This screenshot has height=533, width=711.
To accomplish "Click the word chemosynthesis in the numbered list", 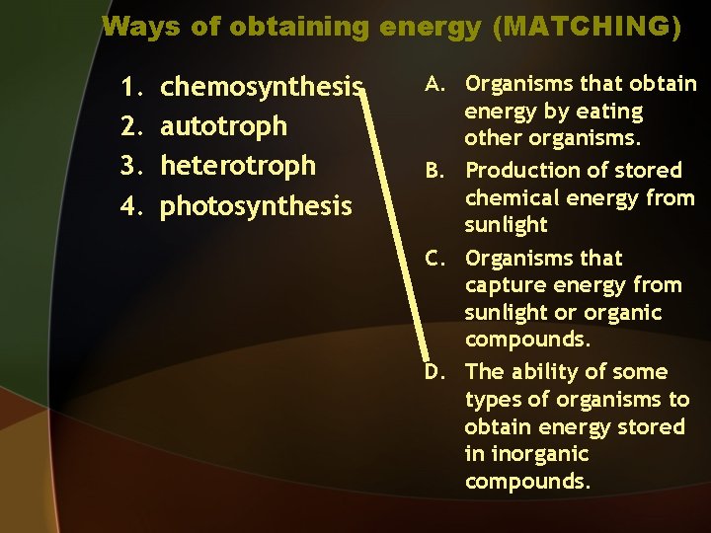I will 262,86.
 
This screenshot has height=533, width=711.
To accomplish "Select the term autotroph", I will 224,125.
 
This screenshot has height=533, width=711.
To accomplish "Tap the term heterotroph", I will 238,165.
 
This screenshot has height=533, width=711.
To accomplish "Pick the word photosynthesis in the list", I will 256,205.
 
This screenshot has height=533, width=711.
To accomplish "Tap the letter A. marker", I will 440,84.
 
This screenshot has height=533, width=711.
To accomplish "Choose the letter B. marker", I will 440,171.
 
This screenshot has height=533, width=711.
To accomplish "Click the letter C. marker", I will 440,258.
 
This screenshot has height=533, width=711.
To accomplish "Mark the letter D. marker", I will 440,372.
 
